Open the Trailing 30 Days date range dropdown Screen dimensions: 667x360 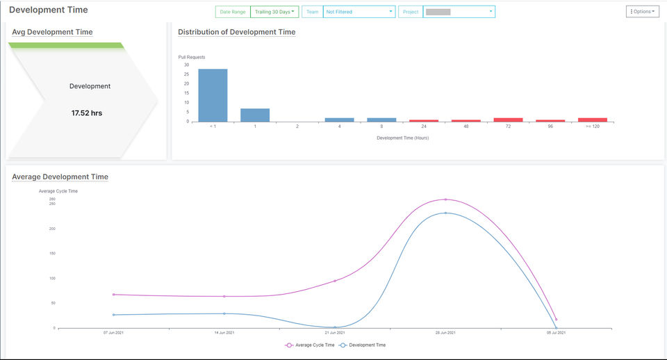tap(274, 12)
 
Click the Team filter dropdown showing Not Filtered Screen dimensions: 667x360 tap(359, 12)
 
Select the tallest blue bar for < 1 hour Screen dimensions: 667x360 tap(213, 95)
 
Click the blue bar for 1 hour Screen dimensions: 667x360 tap(255, 115)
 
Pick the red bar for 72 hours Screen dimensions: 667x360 tap(508, 120)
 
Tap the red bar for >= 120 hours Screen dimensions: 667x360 tap(593, 120)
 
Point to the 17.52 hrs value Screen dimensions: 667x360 tap(87, 113)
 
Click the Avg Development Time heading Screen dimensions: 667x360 tap(52, 32)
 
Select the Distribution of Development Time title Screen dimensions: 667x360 tap(236, 32)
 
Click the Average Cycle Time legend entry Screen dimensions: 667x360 tap(310, 345)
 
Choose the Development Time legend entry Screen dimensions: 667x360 tap(362, 345)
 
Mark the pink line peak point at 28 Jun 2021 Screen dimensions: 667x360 tap(445, 199)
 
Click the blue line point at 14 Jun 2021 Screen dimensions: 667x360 tap(224, 313)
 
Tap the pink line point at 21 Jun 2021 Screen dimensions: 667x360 tap(335, 281)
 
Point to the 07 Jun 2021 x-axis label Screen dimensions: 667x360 tap(113, 333)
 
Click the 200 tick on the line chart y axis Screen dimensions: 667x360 tap(52, 229)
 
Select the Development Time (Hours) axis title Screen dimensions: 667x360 tap(402, 138)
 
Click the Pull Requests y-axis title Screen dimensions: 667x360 tap(192, 57)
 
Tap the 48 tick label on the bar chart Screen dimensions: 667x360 tap(466, 126)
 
